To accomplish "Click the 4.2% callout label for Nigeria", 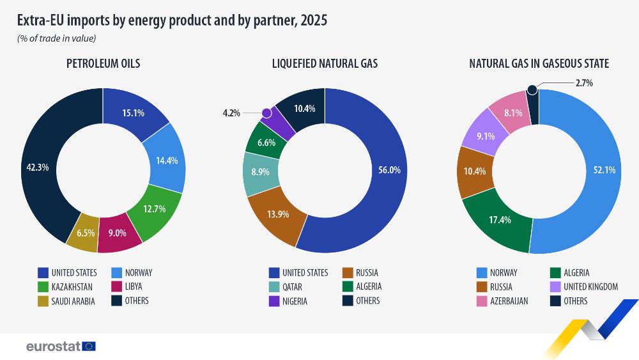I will coord(231,113).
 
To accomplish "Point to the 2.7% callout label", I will coord(584,83).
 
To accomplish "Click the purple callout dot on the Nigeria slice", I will coord(267,113).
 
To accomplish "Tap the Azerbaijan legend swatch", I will coord(482,301).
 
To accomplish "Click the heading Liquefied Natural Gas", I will coord(325,64).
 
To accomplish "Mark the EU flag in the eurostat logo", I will coord(89,347).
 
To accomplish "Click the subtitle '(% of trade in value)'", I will coord(56,38).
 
